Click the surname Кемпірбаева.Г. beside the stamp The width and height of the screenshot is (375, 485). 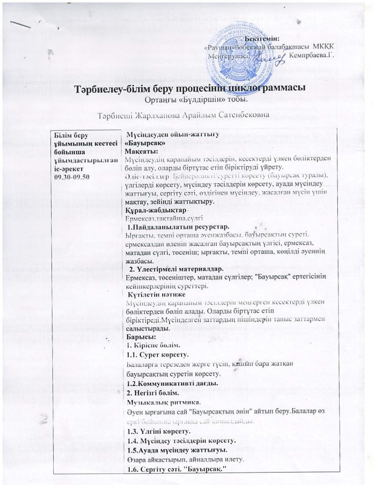coord(311,55)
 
